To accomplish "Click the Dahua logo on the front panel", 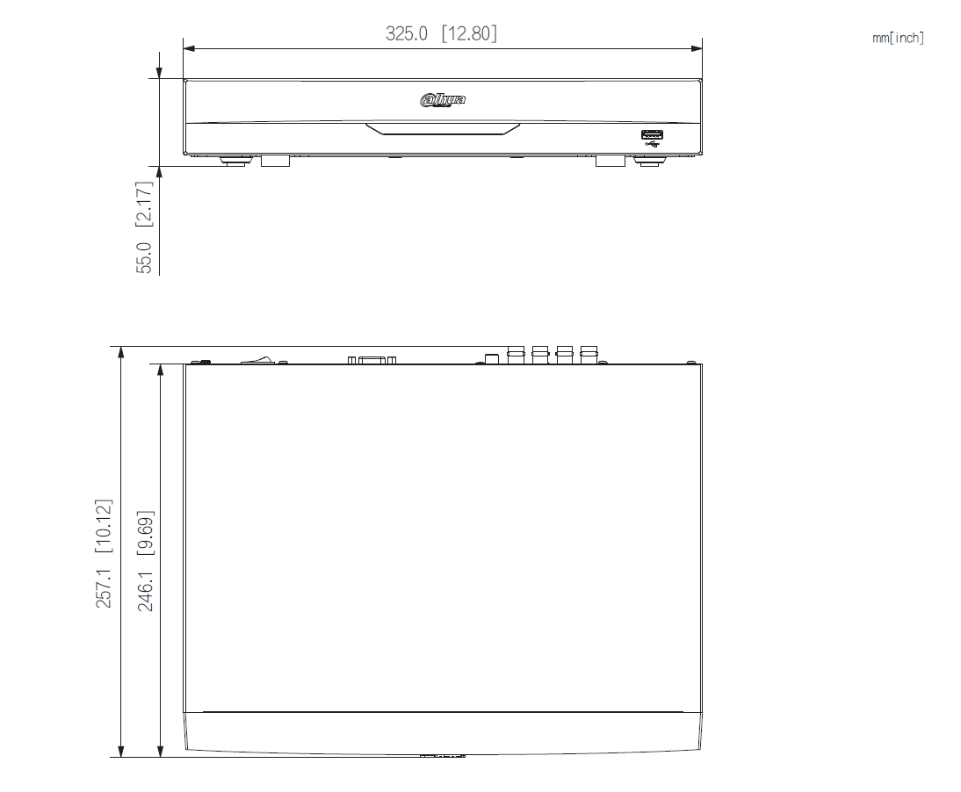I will tap(443, 100).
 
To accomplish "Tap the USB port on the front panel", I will tap(651, 134).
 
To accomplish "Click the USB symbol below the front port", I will tap(651, 145).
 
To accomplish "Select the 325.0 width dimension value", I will tap(407, 33).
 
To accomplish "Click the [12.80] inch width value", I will tap(469, 33).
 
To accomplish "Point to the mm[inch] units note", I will tap(898, 38).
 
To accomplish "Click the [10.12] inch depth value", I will tap(105, 526).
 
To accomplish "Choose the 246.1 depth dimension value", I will tap(146, 589).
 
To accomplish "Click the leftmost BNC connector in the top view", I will tap(516, 354).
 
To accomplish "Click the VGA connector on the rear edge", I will tap(372, 359).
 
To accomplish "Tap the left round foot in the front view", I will tap(234, 161).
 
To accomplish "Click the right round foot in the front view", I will tap(649, 161).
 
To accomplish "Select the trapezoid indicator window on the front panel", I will tap(443, 129).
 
